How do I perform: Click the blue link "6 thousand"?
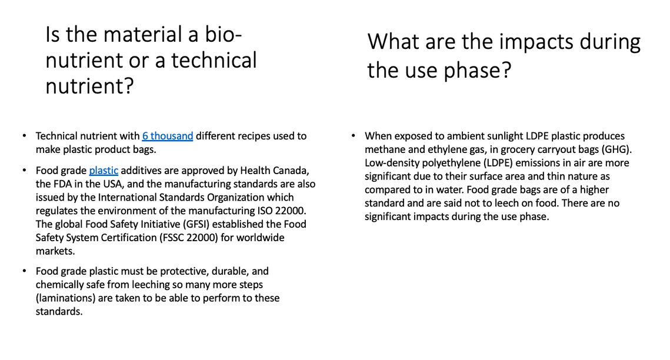pyautogui.click(x=168, y=136)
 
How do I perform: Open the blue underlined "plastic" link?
pyautogui.click(x=104, y=171)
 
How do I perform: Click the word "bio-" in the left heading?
pyautogui.click(x=223, y=34)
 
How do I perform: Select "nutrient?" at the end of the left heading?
pyautogui.click(x=90, y=86)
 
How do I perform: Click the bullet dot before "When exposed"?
pyautogui.click(x=354, y=136)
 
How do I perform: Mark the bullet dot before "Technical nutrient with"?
pyautogui.click(x=24, y=136)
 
